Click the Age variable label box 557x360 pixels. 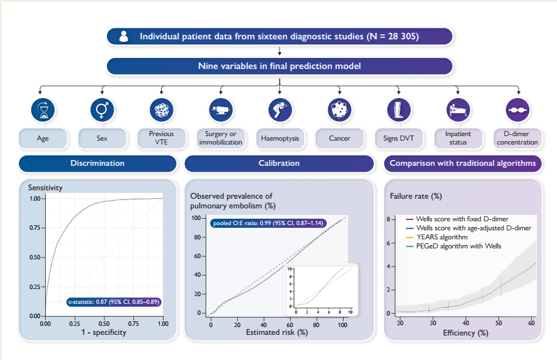pos(43,138)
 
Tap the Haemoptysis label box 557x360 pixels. pos(279,138)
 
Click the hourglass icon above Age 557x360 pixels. pos(43,110)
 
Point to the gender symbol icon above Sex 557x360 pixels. pos(101,110)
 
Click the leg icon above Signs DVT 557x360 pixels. pos(398,110)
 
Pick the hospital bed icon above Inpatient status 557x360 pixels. pos(457,110)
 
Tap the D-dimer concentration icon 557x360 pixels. pos(516,110)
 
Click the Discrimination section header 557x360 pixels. pos(97,163)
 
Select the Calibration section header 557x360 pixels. pos(279,163)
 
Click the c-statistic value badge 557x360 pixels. pos(113,301)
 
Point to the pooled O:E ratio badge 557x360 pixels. pos(268,223)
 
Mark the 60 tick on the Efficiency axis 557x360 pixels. pos(531,322)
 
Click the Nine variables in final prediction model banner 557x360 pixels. pos(279,66)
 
